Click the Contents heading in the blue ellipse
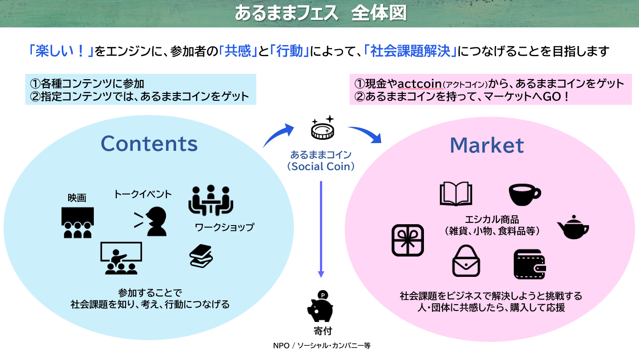149,143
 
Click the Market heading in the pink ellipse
487,146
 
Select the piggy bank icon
319,306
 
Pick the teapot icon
573,227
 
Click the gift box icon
408,240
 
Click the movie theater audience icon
77,222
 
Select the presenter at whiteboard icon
121,258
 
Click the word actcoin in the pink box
420,83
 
